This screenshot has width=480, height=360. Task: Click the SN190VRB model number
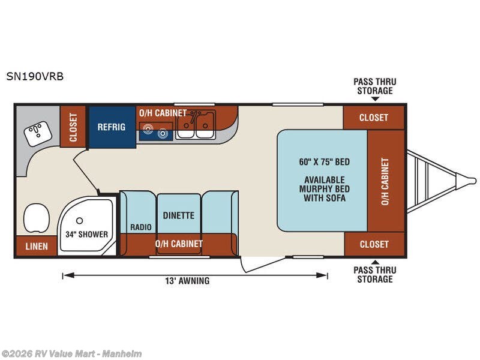35,76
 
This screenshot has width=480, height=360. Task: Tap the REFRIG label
112,127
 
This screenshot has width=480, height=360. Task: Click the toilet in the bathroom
36,218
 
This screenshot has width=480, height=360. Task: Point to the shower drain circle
80,220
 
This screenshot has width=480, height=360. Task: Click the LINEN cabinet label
37,246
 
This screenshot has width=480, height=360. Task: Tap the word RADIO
141,227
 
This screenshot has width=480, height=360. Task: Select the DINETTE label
178,215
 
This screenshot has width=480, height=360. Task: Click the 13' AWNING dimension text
187,281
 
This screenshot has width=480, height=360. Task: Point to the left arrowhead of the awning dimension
68,275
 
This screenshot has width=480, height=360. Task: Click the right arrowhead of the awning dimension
322,275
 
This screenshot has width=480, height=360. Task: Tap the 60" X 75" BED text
325,161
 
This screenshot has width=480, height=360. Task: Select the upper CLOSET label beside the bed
374,118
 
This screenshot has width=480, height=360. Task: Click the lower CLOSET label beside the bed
374,244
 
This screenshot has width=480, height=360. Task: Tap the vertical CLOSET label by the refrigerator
73,127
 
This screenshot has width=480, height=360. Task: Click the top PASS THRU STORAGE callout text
375,86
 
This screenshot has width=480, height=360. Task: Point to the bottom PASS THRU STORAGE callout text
375,275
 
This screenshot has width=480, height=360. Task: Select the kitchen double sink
196,125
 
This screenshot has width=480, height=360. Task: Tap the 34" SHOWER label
86,235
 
